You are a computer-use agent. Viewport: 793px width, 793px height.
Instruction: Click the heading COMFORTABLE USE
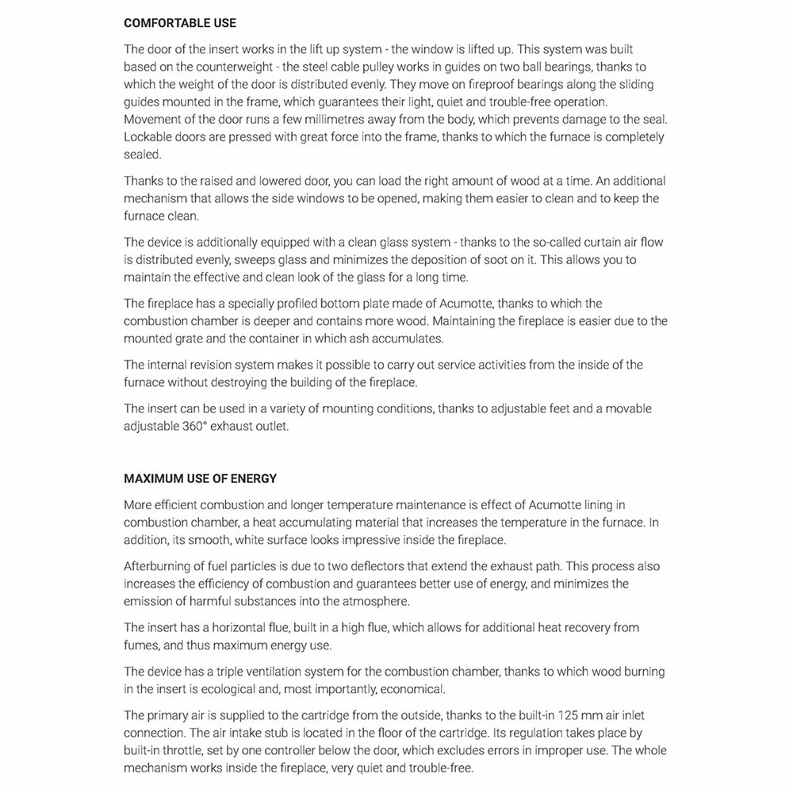tap(179, 24)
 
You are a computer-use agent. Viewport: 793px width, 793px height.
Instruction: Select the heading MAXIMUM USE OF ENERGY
tap(200, 478)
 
